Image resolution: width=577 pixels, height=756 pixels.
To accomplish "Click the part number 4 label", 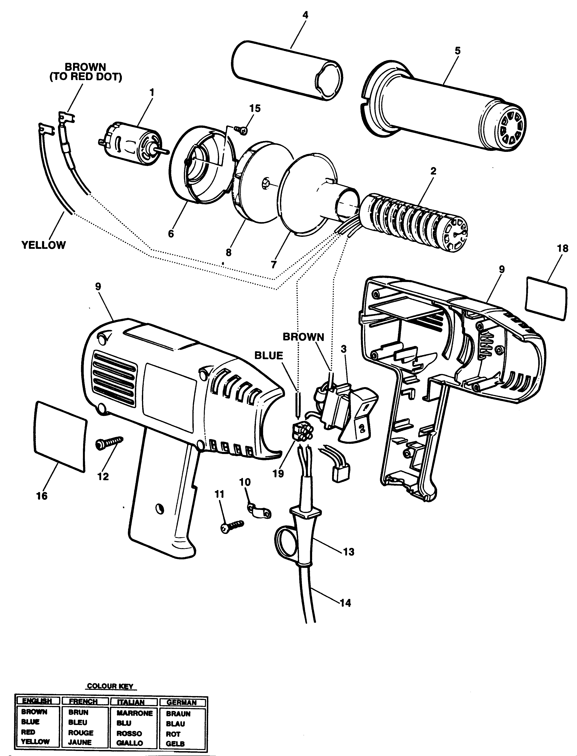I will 305,15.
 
